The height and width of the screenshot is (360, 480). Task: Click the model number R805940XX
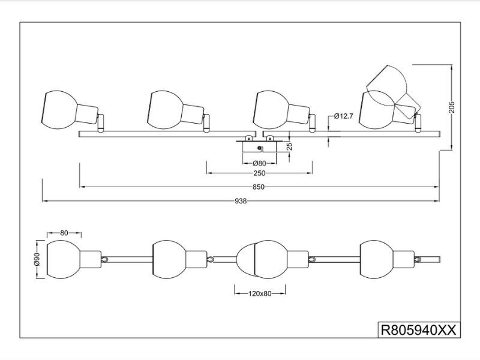pyautogui.click(x=419, y=329)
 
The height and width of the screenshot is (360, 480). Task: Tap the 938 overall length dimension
pyautogui.click(x=241, y=201)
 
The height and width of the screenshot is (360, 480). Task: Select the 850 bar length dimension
pyautogui.click(x=259, y=187)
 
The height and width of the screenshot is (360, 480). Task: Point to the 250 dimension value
pyautogui.click(x=259, y=173)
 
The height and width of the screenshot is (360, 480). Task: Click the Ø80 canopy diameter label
pyautogui.click(x=259, y=163)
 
